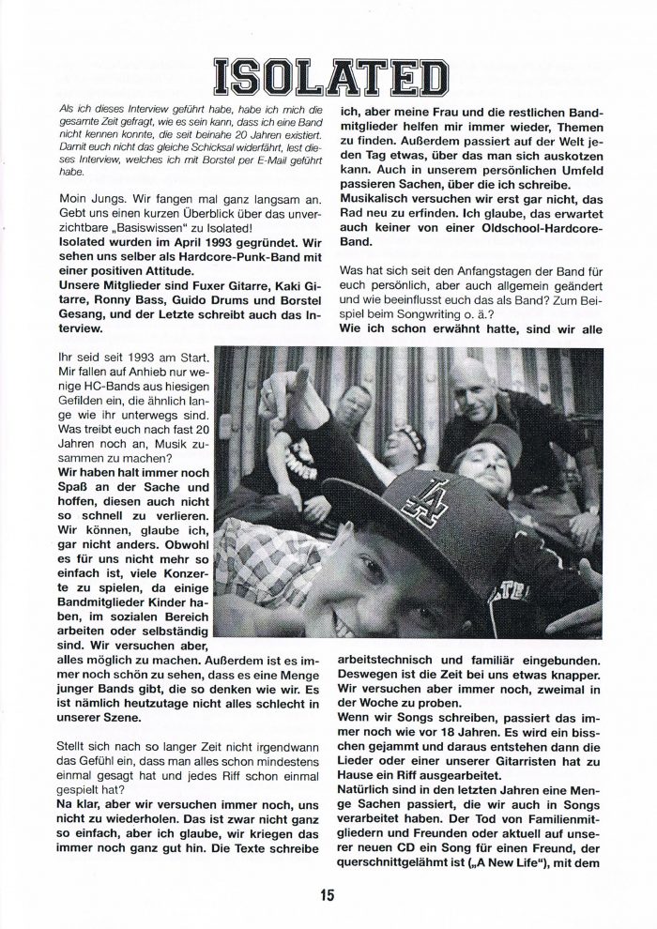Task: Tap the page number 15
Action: tap(327, 894)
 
